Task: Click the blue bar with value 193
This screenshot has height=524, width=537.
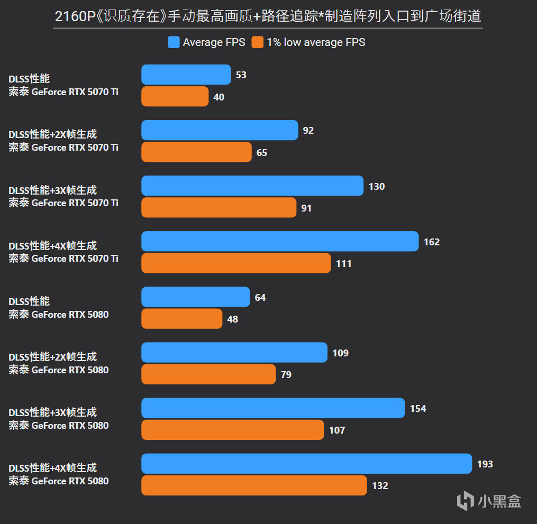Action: point(306,464)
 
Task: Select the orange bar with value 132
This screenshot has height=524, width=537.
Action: point(254,485)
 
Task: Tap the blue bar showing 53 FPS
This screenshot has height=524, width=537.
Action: point(186,75)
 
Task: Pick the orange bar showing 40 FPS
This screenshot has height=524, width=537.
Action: point(175,97)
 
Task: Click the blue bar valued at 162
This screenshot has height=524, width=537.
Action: point(280,242)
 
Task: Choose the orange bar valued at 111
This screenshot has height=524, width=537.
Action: point(236,263)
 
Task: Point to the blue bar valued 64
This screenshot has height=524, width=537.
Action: point(195,297)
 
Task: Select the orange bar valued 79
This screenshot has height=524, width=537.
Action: point(208,374)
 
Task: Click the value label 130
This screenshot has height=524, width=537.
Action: point(377,187)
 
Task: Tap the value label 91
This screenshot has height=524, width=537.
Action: point(306,208)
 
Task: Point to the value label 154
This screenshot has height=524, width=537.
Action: point(418,409)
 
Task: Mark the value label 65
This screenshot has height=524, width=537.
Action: point(262,153)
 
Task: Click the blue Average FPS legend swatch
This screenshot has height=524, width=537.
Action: point(174,42)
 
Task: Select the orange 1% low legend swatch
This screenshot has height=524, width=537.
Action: point(258,42)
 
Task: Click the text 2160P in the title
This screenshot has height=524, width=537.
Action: point(74,16)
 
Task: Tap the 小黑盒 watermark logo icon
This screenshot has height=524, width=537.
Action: point(466,500)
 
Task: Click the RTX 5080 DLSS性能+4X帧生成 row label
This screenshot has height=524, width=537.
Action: point(59,474)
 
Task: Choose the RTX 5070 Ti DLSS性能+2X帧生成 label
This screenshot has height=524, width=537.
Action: point(63,141)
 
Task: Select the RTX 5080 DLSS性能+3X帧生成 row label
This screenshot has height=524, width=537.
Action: point(59,419)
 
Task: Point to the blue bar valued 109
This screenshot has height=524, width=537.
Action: point(234,353)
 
